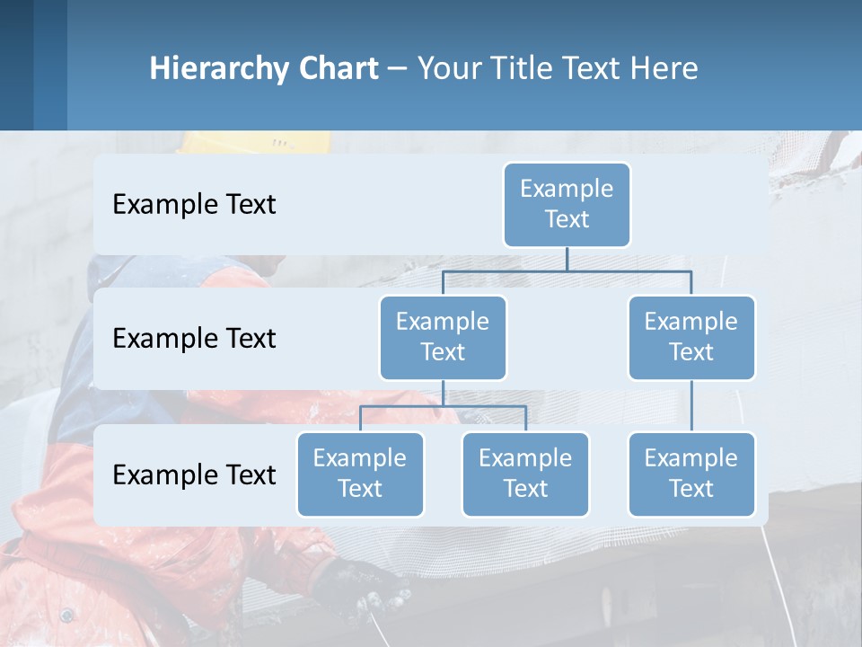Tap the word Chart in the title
click(x=336, y=69)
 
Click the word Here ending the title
click(x=664, y=69)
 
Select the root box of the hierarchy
click(x=567, y=204)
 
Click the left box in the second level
click(x=443, y=337)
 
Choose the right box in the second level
click(x=691, y=337)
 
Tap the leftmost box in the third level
click(x=360, y=474)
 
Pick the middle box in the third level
click(x=525, y=474)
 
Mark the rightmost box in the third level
click(x=691, y=474)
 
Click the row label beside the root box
click(x=194, y=205)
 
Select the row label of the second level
click(x=194, y=339)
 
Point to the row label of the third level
click(x=194, y=474)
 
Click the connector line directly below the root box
click(x=567, y=259)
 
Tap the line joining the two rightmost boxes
click(x=691, y=406)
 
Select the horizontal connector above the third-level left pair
click(x=443, y=406)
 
